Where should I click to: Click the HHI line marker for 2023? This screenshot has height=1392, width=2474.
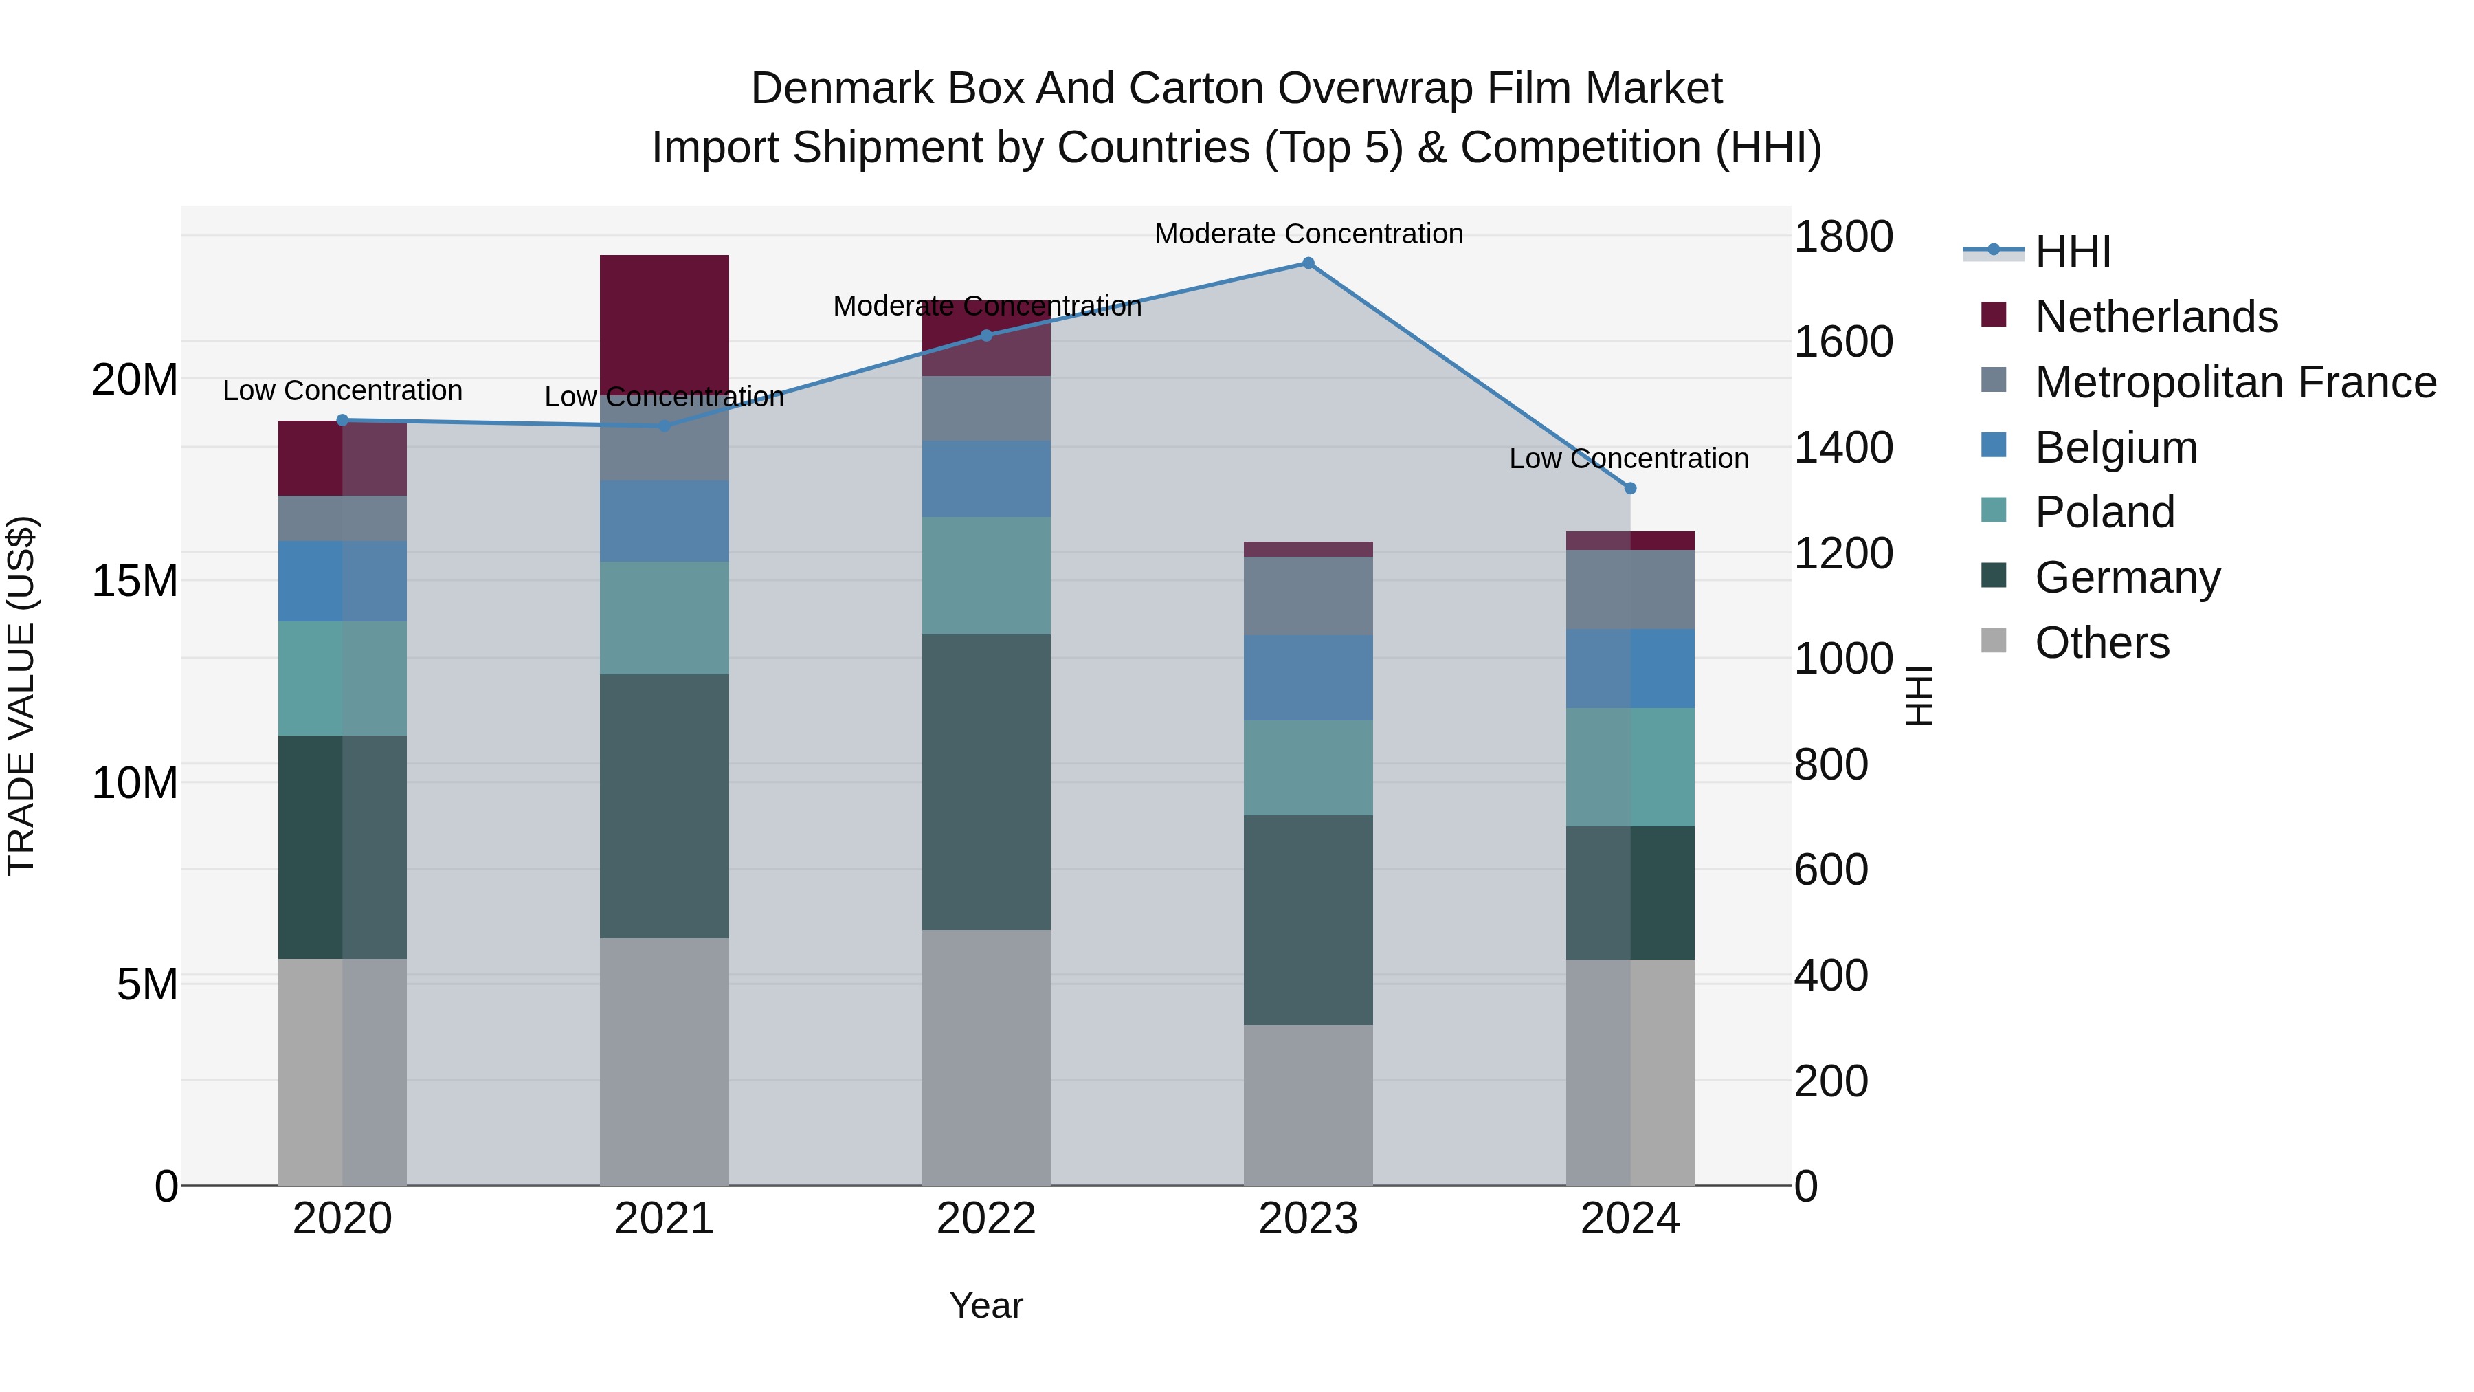pyautogui.click(x=1308, y=263)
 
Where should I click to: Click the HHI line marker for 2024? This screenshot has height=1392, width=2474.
pyautogui.click(x=1630, y=488)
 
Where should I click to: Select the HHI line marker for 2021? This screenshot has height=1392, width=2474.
pyautogui.click(x=665, y=426)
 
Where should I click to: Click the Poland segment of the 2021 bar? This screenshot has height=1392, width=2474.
pyautogui.click(x=665, y=618)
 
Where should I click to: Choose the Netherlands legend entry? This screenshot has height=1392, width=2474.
pyautogui.click(x=2155, y=317)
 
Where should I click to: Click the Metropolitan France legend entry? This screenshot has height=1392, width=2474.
pyautogui.click(x=2234, y=382)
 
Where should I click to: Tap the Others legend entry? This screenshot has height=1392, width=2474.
pyautogui.click(x=2102, y=643)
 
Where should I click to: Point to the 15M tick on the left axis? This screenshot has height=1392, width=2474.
pyautogui.click(x=135, y=581)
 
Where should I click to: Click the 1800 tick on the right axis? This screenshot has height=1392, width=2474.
pyautogui.click(x=1842, y=236)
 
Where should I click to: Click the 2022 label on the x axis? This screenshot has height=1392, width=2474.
pyautogui.click(x=986, y=1219)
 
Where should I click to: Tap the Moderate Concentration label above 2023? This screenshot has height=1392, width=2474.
pyautogui.click(x=1308, y=234)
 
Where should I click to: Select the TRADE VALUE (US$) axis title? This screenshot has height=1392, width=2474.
pyautogui.click(x=21, y=696)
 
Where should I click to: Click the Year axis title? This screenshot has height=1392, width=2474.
pyautogui.click(x=986, y=1305)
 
